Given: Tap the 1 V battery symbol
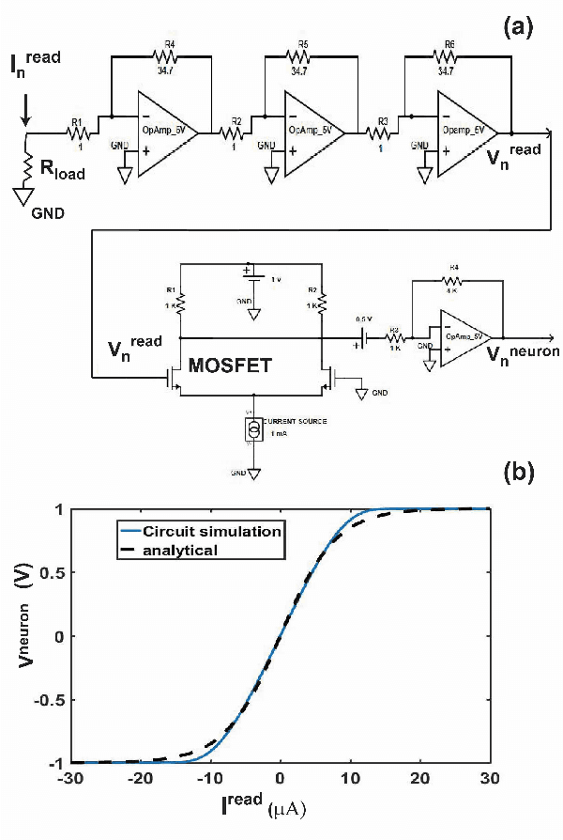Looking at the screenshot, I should [249, 273].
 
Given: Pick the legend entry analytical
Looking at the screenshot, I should [189, 549].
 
